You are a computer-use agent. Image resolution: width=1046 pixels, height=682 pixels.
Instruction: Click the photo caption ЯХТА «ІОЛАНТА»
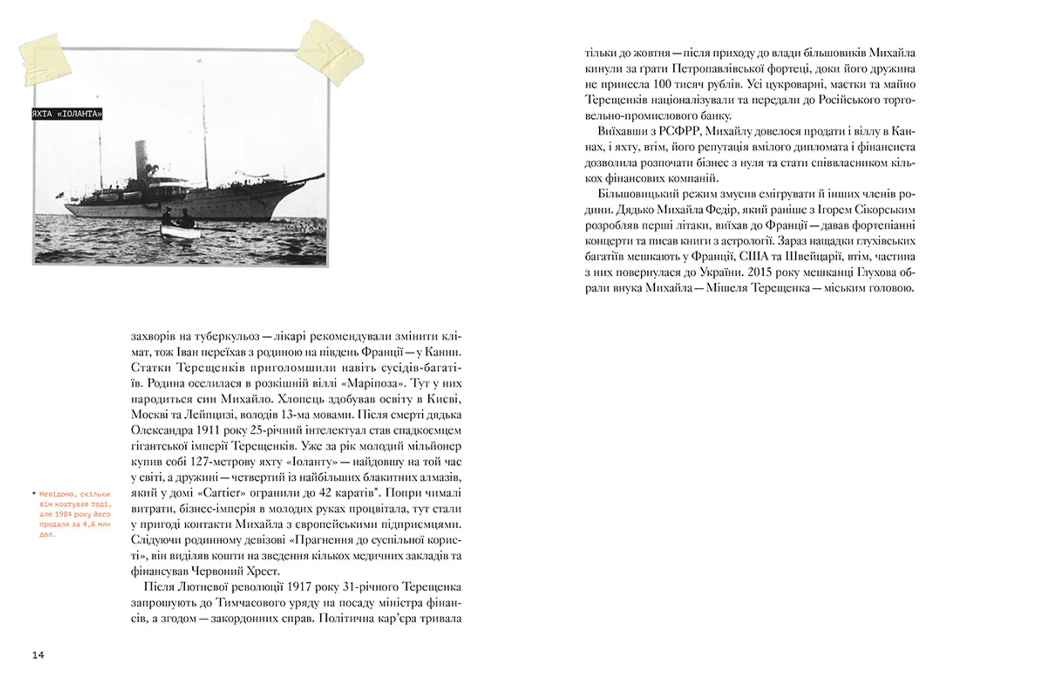pos(67,114)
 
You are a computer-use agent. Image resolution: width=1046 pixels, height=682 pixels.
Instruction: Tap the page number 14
pos(38,655)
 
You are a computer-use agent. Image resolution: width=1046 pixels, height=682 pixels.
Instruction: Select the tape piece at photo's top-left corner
pos(45,59)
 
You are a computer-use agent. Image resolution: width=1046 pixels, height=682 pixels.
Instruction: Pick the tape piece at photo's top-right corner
pos(330,51)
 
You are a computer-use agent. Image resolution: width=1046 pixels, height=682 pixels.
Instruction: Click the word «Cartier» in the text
pos(217,493)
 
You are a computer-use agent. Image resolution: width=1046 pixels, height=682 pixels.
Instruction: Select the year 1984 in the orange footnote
pos(64,514)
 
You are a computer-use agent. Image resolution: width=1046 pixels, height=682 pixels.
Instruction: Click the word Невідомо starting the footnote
pos(56,494)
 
